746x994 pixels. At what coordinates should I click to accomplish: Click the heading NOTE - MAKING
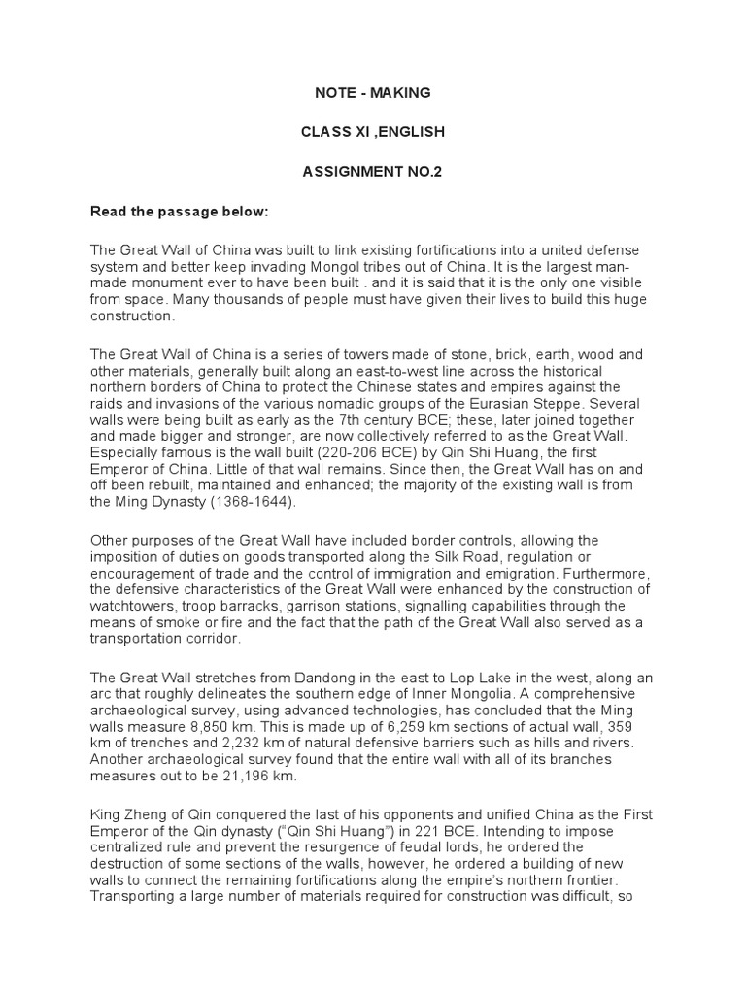coord(372,93)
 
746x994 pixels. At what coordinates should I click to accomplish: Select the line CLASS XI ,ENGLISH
coord(372,131)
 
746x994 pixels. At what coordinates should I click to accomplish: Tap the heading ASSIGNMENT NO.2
coord(372,171)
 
